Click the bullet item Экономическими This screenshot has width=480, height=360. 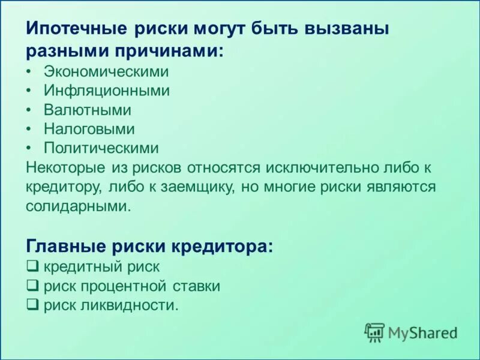[x=106, y=71]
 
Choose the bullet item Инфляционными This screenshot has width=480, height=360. [x=106, y=91]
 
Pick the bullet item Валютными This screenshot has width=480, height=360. [x=87, y=110]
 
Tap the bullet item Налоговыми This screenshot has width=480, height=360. [x=89, y=129]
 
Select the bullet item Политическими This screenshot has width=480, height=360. [x=101, y=148]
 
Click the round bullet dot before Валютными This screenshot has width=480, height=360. [x=29, y=110]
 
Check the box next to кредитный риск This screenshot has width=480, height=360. [x=33, y=266]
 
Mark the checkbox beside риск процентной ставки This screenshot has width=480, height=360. [x=33, y=286]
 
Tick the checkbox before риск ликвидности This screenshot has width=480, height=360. [x=33, y=305]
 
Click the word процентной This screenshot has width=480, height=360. [x=124, y=286]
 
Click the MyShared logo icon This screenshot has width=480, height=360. [x=375, y=332]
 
